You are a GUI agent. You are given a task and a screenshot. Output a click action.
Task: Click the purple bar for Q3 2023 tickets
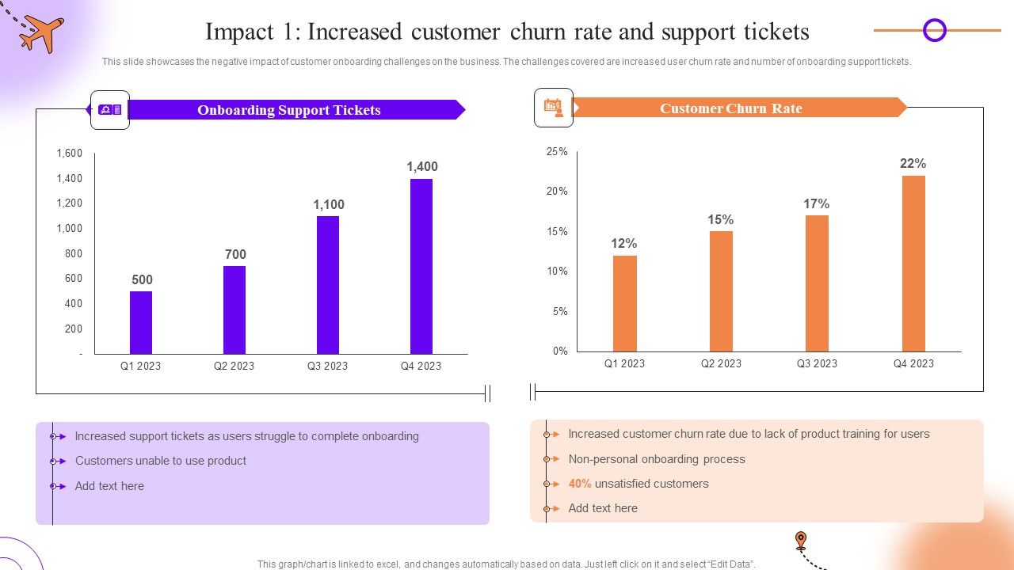pyautogui.click(x=327, y=285)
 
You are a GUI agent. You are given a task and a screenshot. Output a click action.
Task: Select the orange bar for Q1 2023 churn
pyautogui.click(x=624, y=303)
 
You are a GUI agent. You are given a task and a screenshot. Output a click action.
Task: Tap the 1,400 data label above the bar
pyautogui.click(x=421, y=166)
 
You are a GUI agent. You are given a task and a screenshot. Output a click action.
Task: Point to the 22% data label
pyautogui.click(x=913, y=164)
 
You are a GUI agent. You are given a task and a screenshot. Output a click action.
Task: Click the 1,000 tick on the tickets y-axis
pyautogui.click(x=70, y=228)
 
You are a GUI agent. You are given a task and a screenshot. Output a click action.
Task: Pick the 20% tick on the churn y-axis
pyautogui.click(x=557, y=191)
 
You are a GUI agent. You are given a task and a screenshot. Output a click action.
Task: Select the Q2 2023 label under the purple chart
pyautogui.click(x=234, y=366)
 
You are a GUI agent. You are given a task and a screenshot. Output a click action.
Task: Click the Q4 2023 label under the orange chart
pyautogui.click(x=913, y=363)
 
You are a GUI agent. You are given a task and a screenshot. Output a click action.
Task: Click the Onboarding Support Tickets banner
pyautogui.click(x=289, y=110)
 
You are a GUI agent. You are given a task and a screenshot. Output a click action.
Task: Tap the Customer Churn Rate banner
pyautogui.click(x=730, y=108)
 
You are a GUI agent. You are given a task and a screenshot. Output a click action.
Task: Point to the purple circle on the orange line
pyautogui.click(x=935, y=31)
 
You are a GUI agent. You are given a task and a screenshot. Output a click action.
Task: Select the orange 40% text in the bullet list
pyautogui.click(x=580, y=484)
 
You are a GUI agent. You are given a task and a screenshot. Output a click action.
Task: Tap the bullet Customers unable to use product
pyautogui.click(x=160, y=461)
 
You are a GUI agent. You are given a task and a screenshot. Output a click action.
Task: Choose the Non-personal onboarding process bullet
pyautogui.click(x=656, y=459)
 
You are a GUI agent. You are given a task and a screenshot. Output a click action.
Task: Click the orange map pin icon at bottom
pyautogui.click(x=801, y=541)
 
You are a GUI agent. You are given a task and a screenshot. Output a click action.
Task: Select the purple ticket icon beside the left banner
pyautogui.click(x=109, y=110)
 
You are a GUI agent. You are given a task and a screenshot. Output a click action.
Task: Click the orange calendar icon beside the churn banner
pyautogui.click(x=553, y=108)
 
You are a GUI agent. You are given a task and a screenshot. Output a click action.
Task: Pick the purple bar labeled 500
pyautogui.click(x=141, y=322)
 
